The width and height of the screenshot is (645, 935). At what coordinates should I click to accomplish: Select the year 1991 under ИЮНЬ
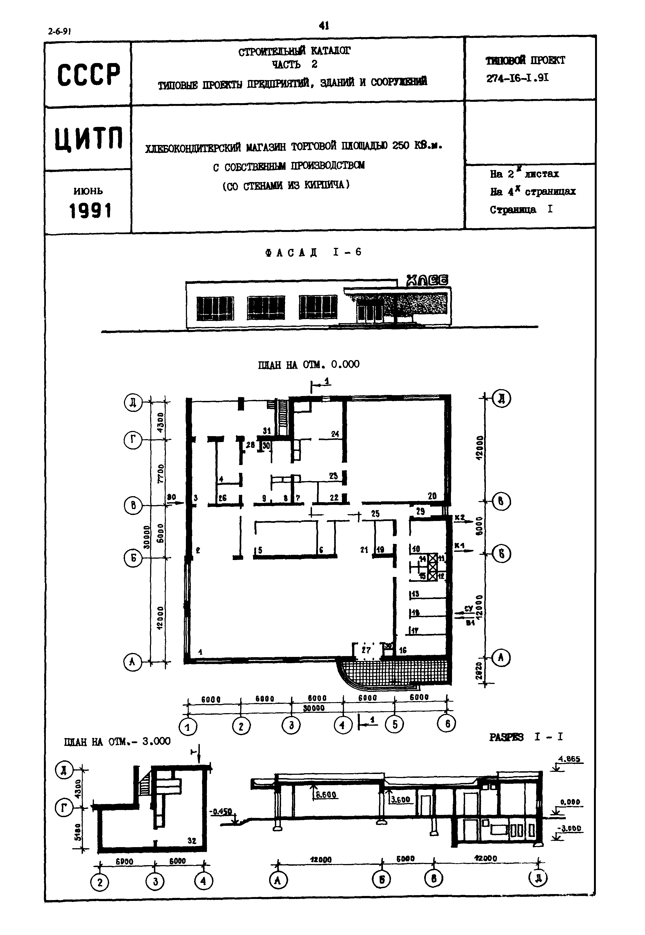pos(90,211)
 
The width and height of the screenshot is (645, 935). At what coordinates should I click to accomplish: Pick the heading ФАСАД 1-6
pos(313,252)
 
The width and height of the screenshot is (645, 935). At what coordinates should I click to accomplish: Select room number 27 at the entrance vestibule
pos(366,650)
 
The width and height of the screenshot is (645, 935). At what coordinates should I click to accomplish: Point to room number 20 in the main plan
pos(432,496)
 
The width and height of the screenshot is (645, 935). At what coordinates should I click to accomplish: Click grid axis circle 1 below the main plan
pos(188,727)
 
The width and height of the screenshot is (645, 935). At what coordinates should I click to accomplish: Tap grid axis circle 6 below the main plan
pos(447,724)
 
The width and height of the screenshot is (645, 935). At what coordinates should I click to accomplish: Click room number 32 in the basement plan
pos(192,841)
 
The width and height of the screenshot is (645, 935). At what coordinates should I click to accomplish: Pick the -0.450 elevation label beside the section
pos(221,812)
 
